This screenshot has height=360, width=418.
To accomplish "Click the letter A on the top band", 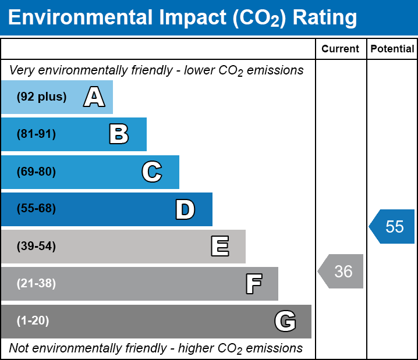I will point(94,97).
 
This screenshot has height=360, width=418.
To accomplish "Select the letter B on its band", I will point(119,134).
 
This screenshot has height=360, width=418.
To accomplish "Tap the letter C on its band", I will point(152,172).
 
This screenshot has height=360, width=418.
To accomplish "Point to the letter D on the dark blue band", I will point(185,209).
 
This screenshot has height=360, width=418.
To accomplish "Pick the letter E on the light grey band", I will point(219,247).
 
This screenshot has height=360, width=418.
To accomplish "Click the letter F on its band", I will point(253,284).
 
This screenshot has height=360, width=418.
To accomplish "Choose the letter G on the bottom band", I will point(285,321).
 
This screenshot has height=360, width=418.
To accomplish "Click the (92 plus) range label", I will point(41,97).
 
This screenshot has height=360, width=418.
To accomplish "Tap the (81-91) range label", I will point(36,134).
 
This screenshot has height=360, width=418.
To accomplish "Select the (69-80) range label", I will point(36,172).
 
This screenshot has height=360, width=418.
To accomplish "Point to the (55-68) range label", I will point(36,209).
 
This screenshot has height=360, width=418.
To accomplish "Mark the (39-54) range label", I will point(36,247).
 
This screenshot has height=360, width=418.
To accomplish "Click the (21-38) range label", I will point(36,284).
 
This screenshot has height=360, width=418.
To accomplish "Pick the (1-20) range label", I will point(33,321).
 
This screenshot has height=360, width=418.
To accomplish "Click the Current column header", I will point(341,49).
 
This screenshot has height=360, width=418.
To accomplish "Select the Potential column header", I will point(392,49).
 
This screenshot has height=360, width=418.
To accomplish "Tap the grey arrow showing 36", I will point(342,271).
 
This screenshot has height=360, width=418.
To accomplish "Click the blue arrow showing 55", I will point(393,226).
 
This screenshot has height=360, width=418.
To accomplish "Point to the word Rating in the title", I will point(324,18).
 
